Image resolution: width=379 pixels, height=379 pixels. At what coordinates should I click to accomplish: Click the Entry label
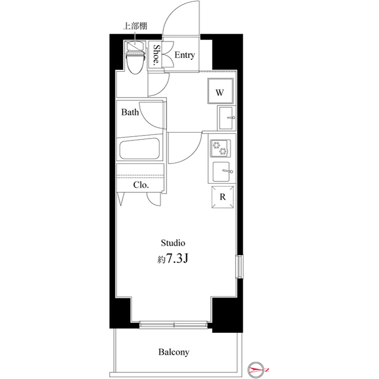185,55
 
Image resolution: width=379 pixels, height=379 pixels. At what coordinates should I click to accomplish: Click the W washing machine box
219,92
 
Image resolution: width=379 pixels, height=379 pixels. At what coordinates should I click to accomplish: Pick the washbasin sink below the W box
227,118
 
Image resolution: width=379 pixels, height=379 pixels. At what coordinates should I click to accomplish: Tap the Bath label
130,112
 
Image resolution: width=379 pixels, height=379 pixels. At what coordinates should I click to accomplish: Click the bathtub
141,149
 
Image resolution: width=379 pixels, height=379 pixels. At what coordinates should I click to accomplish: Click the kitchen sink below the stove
224,171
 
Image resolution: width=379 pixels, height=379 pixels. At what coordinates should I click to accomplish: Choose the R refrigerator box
222,198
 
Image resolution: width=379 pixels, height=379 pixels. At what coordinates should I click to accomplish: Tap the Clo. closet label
140,185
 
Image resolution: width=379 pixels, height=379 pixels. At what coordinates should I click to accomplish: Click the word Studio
174,243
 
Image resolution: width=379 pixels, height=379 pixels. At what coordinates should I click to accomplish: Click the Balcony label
174,352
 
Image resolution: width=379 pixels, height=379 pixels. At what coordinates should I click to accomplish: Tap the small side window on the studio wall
239,266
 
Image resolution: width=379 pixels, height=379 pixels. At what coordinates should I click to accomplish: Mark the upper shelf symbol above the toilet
134,43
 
